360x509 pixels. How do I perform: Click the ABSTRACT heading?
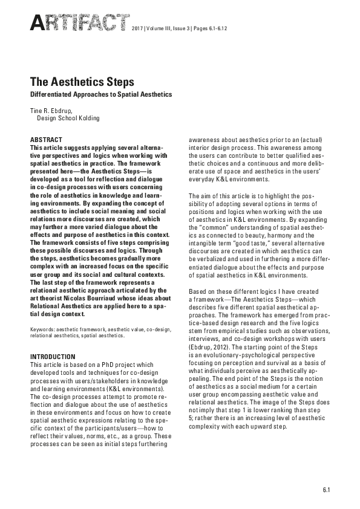coord(45,140)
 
